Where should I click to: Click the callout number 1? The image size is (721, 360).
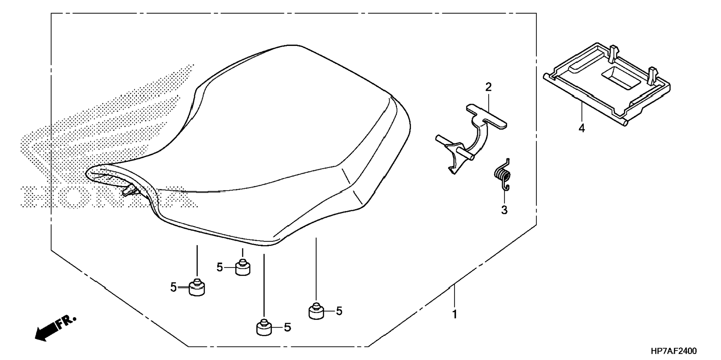pyautogui.click(x=454, y=314)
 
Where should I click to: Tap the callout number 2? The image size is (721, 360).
pyautogui.click(x=488, y=87)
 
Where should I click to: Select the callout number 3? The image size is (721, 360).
pyautogui.click(x=504, y=210)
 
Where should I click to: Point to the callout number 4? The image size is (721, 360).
pyautogui.click(x=582, y=129)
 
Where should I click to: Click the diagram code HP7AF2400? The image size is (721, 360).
pyautogui.click(x=673, y=351)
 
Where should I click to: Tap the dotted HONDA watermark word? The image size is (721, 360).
pyautogui.click(x=108, y=196)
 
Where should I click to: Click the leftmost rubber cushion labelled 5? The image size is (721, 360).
pyautogui.click(x=197, y=288)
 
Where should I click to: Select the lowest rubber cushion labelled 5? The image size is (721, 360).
pyautogui.click(x=264, y=328)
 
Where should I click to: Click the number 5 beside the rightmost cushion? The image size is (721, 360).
pyautogui.click(x=339, y=311)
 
